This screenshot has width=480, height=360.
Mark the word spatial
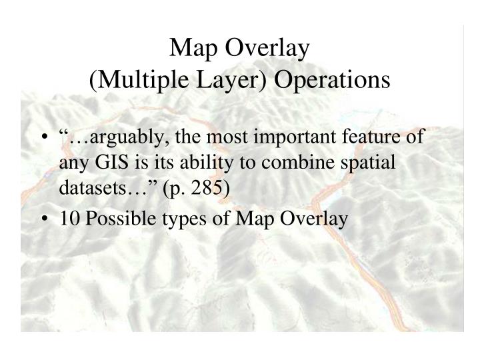[371, 163]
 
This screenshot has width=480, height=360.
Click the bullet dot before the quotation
[43, 138]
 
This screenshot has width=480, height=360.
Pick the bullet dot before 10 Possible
[43, 219]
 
